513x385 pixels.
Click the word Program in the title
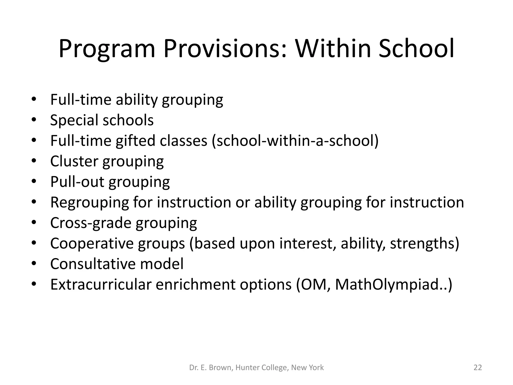coord(107,49)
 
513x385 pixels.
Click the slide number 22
coord(478,367)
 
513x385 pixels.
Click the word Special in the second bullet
coord(74,120)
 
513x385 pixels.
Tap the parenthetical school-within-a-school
coord(295,141)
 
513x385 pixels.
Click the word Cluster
coord(74,161)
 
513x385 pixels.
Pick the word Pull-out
coord(77,182)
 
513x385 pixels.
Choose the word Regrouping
coord(90,203)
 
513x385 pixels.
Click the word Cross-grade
coord(91,223)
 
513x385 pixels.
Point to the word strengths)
coord(425,243)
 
